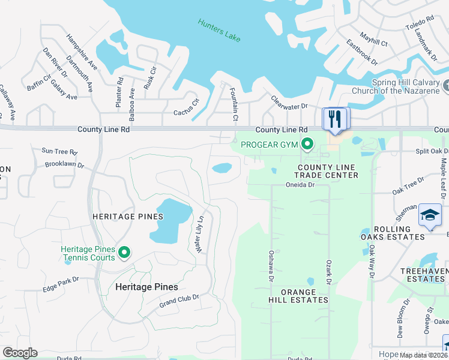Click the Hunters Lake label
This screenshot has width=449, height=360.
click(x=219, y=30)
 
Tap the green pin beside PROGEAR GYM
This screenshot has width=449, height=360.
click(x=308, y=144)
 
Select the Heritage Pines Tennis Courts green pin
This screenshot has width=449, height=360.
click(x=125, y=253)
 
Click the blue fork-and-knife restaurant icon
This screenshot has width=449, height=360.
click(x=334, y=119)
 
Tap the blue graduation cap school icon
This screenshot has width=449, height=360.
click(x=430, y=216)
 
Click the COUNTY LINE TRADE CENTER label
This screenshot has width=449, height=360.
click(x=328, y=171)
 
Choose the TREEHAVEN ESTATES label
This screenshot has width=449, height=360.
click(x=421, y=275)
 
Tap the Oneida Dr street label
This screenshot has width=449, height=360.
click(x=300, y=185)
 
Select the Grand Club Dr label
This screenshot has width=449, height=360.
click(x=179, y=298)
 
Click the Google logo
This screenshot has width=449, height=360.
click(x=20, y=353)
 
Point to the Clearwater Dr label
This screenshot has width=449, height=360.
click(x=289, y=103)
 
